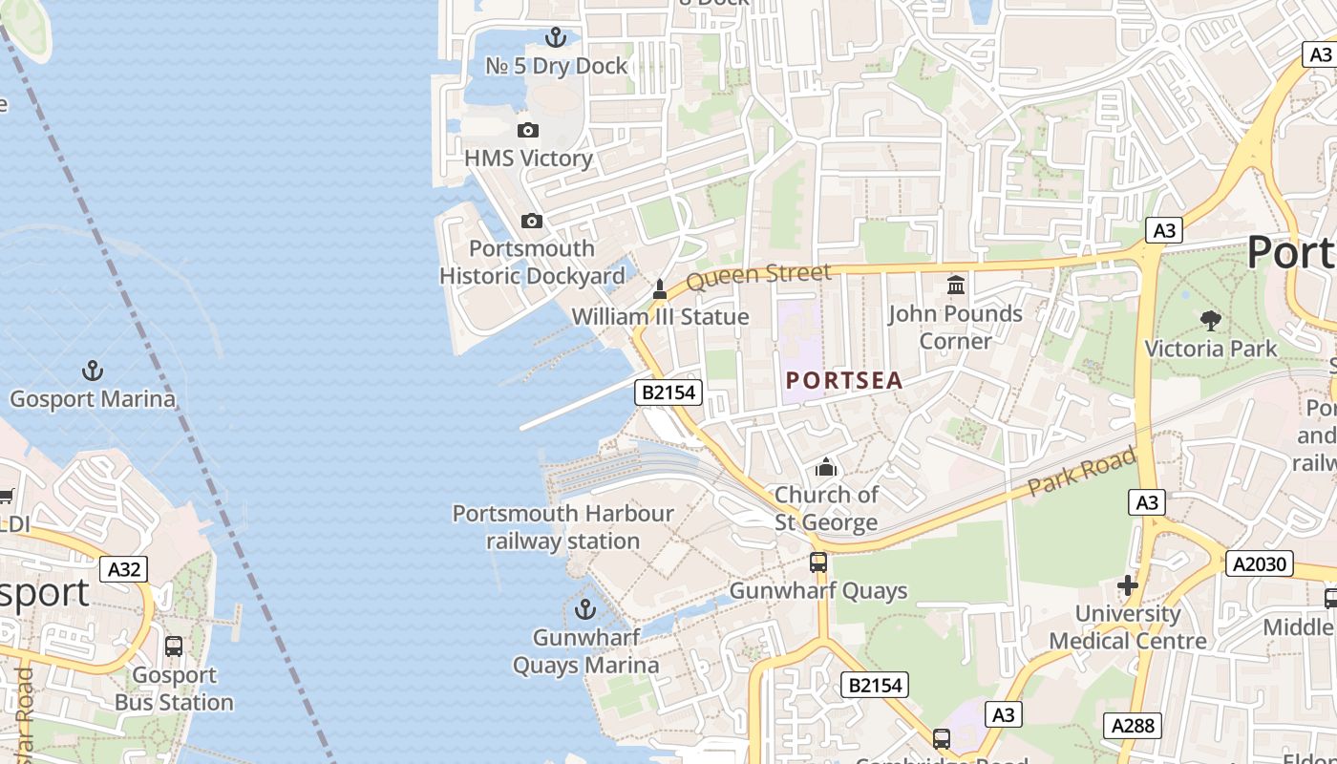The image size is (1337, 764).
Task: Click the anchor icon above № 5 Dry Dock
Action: tap(555, 37)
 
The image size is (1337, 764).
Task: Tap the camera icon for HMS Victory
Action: tap(528, 130)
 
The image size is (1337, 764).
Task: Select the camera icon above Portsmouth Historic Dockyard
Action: tap(532, 221)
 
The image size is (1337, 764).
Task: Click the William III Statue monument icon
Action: tap(659, 288)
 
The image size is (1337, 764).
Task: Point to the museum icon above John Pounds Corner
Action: tap(955, 285)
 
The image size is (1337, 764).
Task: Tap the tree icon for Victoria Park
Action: tap(1211, 320)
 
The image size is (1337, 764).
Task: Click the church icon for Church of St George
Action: tap(826, 467)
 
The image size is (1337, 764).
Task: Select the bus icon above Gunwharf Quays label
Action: tap(818, 562)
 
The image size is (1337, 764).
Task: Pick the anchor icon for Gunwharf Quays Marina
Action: tap(585, 608)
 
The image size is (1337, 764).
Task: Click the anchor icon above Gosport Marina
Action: tap(93, 371)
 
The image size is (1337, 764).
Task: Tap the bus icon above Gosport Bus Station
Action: tap(174, 647)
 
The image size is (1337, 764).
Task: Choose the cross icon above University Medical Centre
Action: tap(1128, 584)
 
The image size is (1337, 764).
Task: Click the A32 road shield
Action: tap(124, 570)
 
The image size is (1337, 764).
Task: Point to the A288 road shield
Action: tap(1134, 725)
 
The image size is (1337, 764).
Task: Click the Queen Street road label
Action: tap(758, 276)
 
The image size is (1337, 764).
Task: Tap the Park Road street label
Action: tap(1082, 472)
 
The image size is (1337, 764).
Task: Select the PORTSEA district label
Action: tap(844, 380)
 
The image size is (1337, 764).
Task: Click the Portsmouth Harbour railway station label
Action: tap(562, 527)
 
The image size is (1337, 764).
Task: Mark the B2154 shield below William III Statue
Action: tap(668, 392)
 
